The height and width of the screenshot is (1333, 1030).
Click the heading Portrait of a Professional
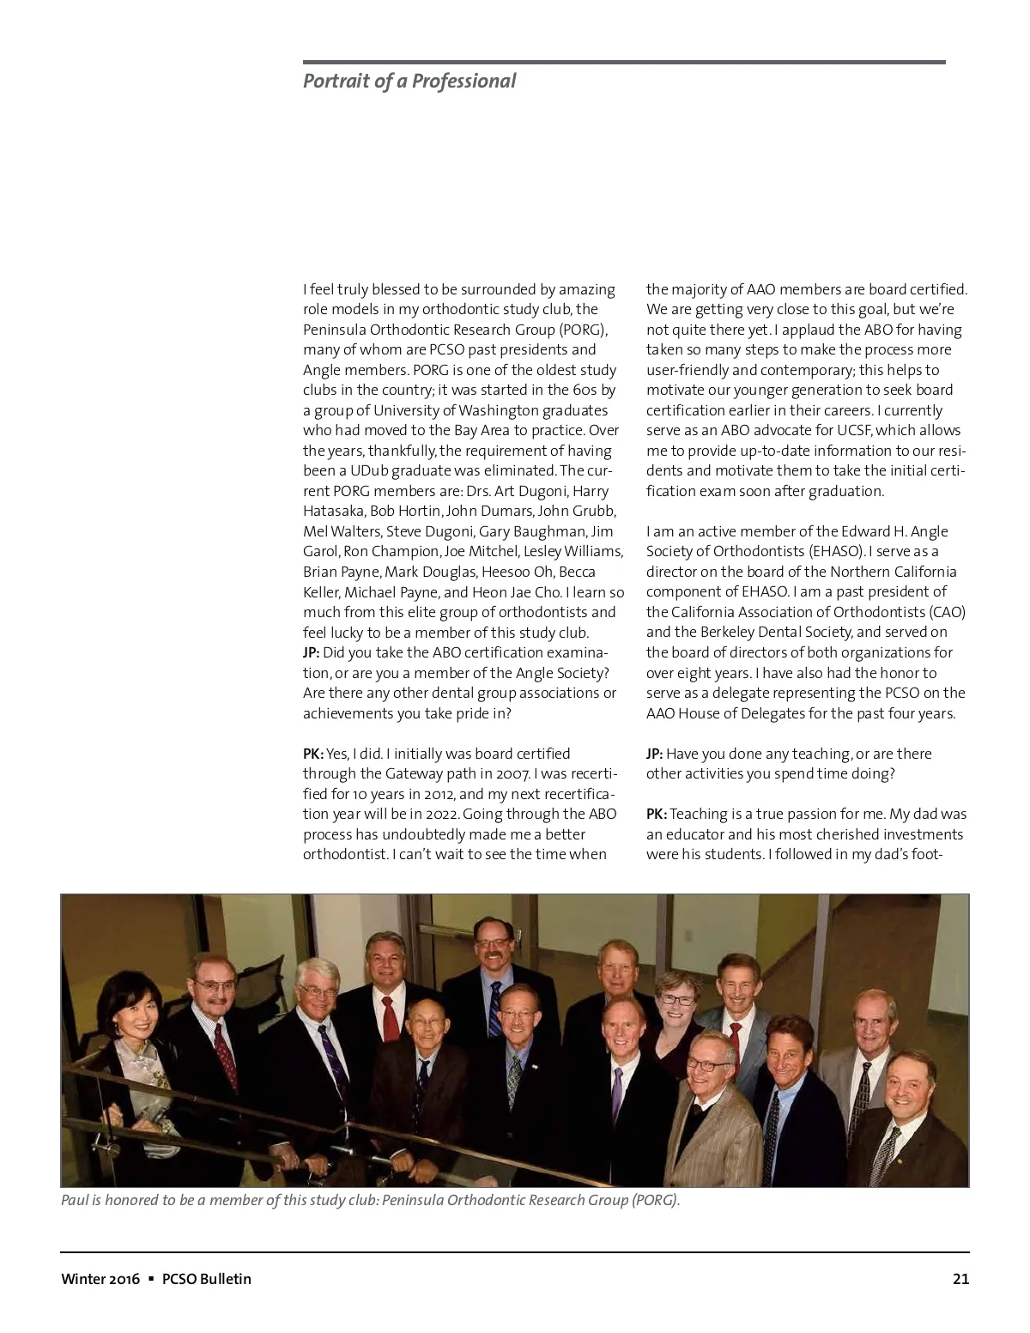(409, 82)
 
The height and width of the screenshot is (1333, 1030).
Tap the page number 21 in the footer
(960, 1279)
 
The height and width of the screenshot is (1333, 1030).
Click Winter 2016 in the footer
(100, 1279)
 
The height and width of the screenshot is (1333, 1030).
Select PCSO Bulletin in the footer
(207, 1279)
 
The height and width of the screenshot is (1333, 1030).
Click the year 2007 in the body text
(512, 774)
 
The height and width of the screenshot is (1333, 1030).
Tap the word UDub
(369, 471)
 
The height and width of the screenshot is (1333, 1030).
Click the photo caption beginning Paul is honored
(370, 1200)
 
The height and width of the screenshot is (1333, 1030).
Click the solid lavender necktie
(617, 1094)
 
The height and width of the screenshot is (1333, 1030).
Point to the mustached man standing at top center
(494, 948)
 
